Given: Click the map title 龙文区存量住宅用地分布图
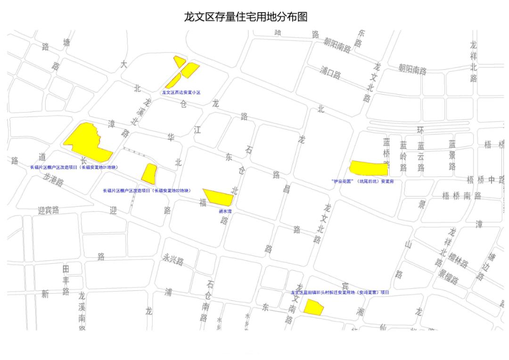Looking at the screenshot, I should pyautogui.click(x=246, y=17).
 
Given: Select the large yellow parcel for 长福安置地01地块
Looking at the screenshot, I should pyautogui.click(x=85, y=142).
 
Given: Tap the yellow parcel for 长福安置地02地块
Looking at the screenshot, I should pyautogui.click(x=149, y=173).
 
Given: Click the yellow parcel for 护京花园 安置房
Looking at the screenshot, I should pyautogui.click(x=368, y=168).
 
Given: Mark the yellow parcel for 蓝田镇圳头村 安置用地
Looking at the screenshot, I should pyautogui.click(x=312, y=307).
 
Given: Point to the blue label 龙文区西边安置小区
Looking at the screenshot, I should pyautogui.click(x=181, y=92).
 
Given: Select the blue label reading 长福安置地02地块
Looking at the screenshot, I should pyautogui.click(x=147, y=191).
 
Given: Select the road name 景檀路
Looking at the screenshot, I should pyautogui.click(x=448, y=277).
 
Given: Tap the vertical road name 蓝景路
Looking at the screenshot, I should pyautogui.click(x=452, y=155).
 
